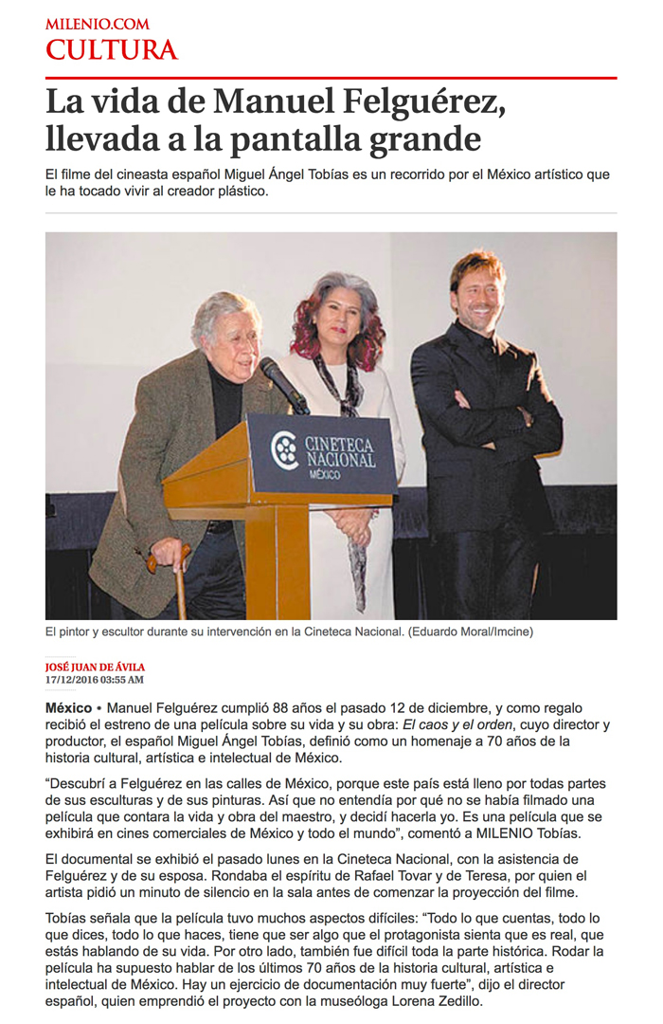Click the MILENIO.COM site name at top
pos(97,24)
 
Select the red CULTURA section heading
pos(112,50)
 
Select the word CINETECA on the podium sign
pos(339,443)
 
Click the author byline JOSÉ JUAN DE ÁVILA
pos(95,667)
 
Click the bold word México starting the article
pos(68,708)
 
